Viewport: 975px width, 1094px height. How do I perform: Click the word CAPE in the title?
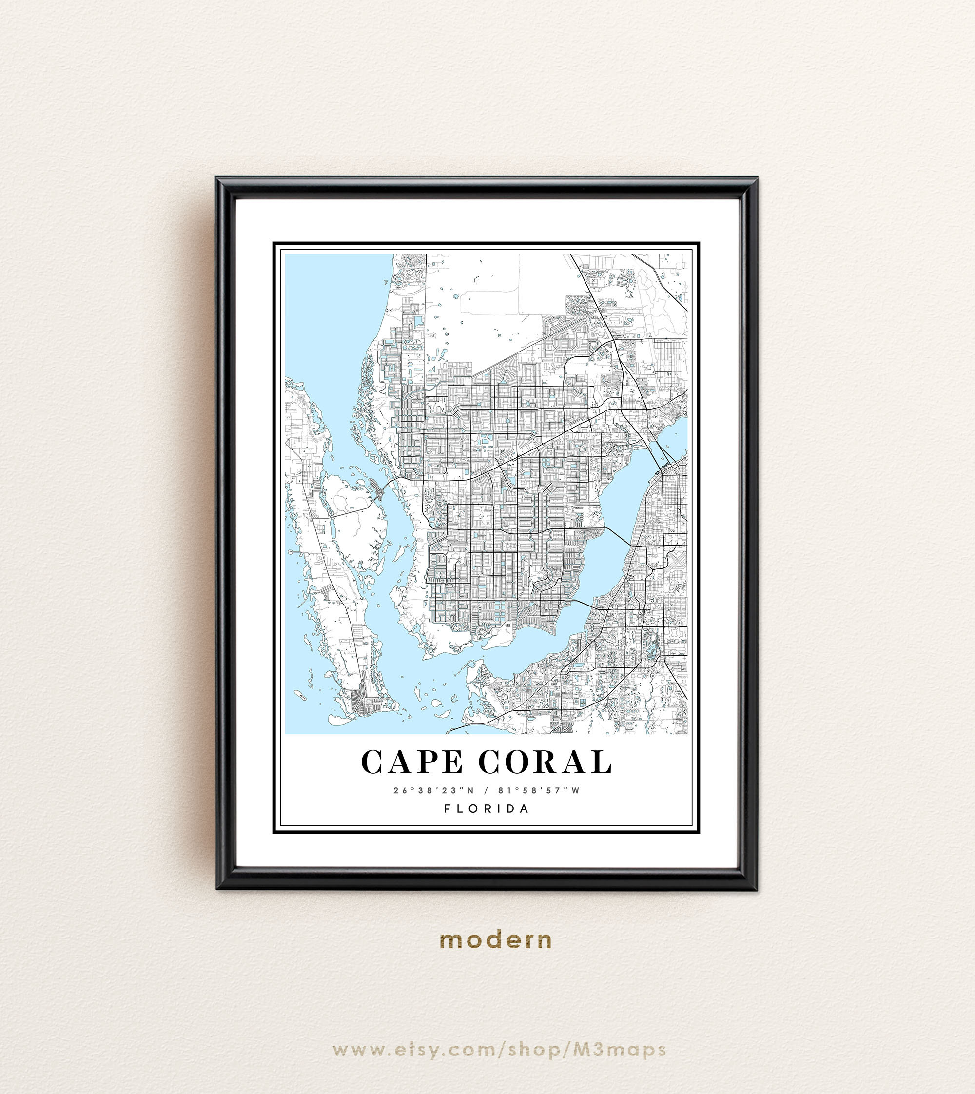[x=411, y=762]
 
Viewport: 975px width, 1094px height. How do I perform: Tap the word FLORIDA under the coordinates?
[x=487, y=809]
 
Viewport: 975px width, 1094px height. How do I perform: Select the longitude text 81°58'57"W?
[x=539, y=790]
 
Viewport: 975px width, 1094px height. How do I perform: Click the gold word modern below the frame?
[x=495, y=940]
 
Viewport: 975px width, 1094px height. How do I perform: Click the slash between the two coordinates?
[x=487, y=790]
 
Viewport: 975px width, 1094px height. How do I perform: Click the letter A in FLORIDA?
[x=525, y=809]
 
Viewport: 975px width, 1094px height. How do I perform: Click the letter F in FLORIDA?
[x=448, y=809]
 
